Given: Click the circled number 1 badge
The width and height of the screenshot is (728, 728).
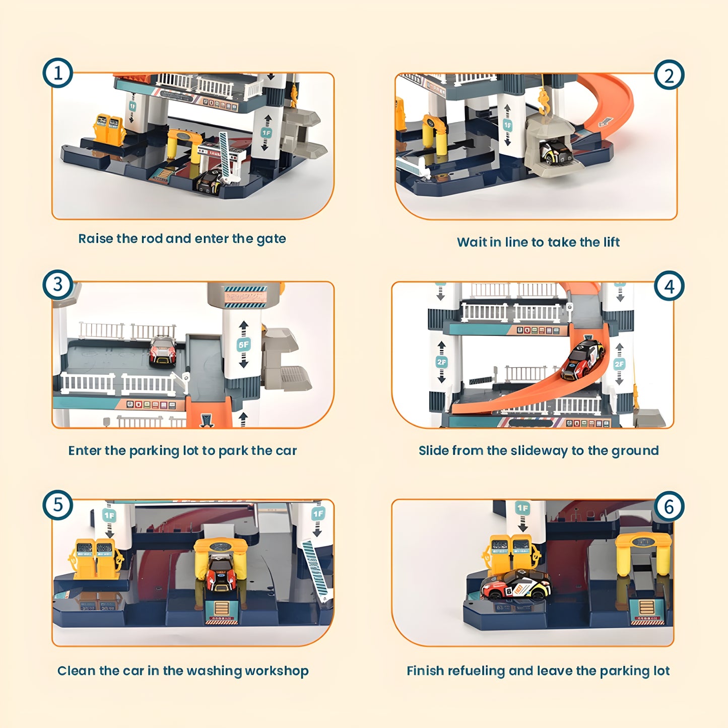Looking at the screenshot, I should click(57, 73).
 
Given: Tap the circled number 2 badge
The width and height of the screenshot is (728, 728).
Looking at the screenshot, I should click(669, 76).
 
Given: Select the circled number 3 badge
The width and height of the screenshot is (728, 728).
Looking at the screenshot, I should click(57, 285).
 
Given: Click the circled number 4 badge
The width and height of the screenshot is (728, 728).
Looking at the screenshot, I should click(669, 286).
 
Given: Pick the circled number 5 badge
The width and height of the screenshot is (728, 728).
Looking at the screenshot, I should click(57, 505).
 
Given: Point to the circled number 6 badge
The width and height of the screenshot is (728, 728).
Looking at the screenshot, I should click(669, 506).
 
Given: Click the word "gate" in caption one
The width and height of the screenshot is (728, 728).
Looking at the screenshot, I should click(271, 239).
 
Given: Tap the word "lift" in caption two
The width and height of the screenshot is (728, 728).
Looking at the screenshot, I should click(611, 242).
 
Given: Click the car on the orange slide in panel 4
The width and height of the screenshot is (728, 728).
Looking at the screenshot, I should click(583, 359).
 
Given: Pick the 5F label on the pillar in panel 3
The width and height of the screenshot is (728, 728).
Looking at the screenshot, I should click(243, 345).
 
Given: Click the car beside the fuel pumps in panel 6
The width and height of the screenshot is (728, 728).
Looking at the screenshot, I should click(515, 585).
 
